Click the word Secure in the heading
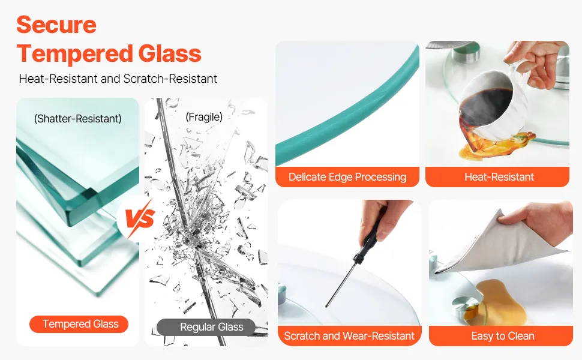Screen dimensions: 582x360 click(x=56, y=25)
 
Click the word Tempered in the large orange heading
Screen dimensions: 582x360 click(x=74, y=53)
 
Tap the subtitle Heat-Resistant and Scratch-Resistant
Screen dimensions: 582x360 click(x=118, y=79)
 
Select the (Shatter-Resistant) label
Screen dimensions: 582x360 click(x=77, y=118)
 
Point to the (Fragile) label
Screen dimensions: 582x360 click(x=204, y=117)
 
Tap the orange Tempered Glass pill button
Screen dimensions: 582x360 click(x=79, y=324)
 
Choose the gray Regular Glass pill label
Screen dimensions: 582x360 click(x=206, y=327)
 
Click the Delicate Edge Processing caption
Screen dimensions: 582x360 click(x=347, y=177)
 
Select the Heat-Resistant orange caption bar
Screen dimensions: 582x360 click(x=497, y=177)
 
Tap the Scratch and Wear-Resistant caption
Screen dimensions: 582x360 click(x=349, y=336)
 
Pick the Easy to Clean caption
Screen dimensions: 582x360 click(x=501, y=336)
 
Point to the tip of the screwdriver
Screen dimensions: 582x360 click(x=326, y=306)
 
